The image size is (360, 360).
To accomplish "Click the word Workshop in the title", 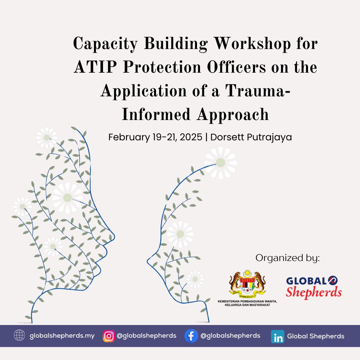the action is pyautogui.click(x=252, y=44).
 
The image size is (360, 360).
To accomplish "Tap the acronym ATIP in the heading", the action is pyautogui.click(x=95, y=67).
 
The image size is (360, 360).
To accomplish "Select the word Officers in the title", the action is pyautogui.click(x=236, y=67).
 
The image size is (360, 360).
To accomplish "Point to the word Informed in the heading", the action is pyautogui.click(x=156, y=114).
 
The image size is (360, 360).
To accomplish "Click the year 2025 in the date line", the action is pyautogui.click(x=191, y=137).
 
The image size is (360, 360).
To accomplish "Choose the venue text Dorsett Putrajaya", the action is pyautogui.click(x=251, y=137).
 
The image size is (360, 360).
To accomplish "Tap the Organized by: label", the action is pyautogui.click(x=287, y=258).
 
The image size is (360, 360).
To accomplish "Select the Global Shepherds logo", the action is pyautogui.click(x=314, y=287).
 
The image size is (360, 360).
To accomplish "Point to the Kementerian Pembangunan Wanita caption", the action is pyautogui.click(x=247, y=303).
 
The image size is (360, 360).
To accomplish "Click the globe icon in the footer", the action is pyautogui.click(x=19, y=335).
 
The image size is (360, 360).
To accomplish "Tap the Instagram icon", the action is pyautogui.click(x=109, y=336).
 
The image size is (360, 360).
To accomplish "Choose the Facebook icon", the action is pyautogui.click(x=191, y=336).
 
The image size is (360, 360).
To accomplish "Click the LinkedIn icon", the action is pyautogui.click(x=278, y=337).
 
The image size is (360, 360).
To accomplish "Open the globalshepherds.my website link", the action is pyautogui.click(x=62, y=336).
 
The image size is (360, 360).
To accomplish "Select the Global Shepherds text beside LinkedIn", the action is pyautogui.click(x=316, y=336).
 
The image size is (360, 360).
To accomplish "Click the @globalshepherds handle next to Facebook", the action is pyautogui.click(x=230, y=336).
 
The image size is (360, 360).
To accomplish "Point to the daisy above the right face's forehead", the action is pyautogui.click(x=221, y=163).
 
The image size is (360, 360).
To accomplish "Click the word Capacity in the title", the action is pyautogui.click(x=105, y=44).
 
